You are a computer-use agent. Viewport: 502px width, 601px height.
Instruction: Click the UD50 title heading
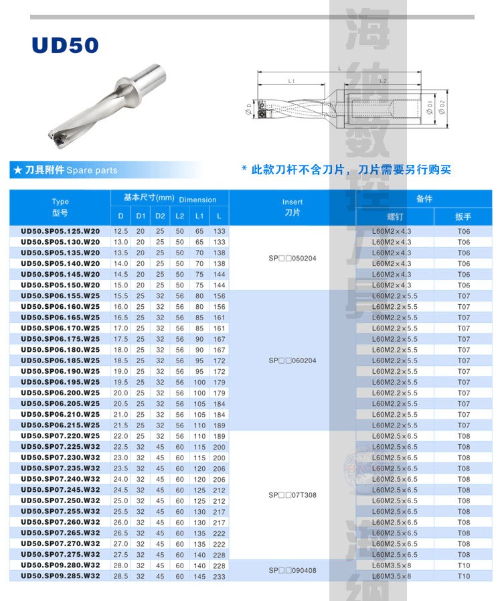pos(65,45)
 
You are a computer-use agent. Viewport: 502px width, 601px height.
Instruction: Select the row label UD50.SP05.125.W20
pos(60,231)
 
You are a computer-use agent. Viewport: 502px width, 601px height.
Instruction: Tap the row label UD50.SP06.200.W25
pos(60,393)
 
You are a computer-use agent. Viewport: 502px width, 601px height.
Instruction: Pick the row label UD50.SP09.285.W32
pos(60,576)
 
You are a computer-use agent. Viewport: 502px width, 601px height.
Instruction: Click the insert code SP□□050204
pos(292,258)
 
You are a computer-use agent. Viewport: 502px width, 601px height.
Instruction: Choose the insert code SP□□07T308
pos(292,494)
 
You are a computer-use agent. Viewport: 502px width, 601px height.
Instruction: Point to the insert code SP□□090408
pos(292,570)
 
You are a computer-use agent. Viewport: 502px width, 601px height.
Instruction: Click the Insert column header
pos(292,206)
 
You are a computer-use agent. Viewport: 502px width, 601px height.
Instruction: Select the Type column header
pos(60,206)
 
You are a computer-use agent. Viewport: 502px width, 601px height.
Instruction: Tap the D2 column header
pos(160,216)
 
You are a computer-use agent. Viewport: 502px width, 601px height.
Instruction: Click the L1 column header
pos(199,216)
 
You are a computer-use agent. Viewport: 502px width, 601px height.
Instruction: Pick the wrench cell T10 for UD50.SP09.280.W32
pos(464,565)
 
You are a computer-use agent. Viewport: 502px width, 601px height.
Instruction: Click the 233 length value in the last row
pos(219,576)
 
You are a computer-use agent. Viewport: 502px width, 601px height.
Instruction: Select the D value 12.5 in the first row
pos(121,231)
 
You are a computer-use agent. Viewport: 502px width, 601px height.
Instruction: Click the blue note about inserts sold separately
pos(346,170)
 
